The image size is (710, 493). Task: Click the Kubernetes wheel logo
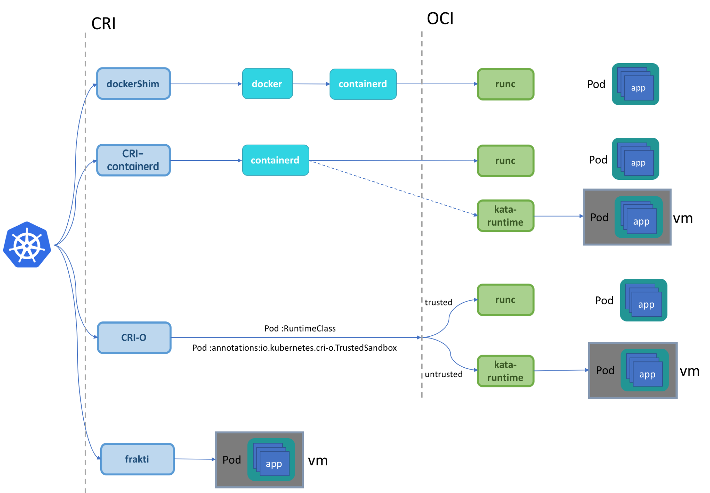[x=27, y=245]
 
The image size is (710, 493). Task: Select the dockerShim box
[x=133, y=84]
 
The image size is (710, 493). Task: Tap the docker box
[x=267, y=84]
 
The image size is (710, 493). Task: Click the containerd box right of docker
[x=363, y=84]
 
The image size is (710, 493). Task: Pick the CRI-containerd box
[x=133, y=160]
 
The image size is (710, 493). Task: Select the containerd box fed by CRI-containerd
[x=275, y=160]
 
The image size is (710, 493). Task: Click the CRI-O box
[x=134, y=338]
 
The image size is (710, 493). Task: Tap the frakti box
[x=137, y=459]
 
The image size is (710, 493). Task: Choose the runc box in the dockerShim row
[x=505, y=84]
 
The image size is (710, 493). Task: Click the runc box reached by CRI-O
[x=505, y=300]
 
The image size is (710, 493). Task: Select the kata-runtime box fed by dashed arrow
[x=505, y=216]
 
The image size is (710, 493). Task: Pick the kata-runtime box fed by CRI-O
[x=505, y=371]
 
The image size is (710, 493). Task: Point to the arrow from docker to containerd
[x=311, y=84]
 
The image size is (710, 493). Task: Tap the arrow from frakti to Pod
[x=195, y=459]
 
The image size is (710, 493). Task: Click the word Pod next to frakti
[x=232, y=460]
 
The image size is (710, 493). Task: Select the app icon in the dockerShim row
[x=635, y=84]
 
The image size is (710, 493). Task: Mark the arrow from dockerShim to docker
[x=206, y=84]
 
